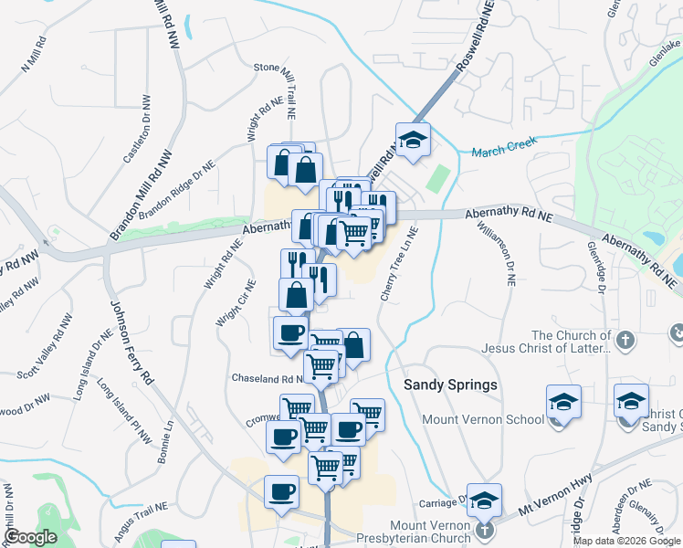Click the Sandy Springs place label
click(450, 385)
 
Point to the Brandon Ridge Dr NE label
click(177, 192)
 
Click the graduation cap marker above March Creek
click(413, 140)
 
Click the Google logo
click(31, 537)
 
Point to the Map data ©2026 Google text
click(626, 541)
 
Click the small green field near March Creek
click(439, 178)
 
